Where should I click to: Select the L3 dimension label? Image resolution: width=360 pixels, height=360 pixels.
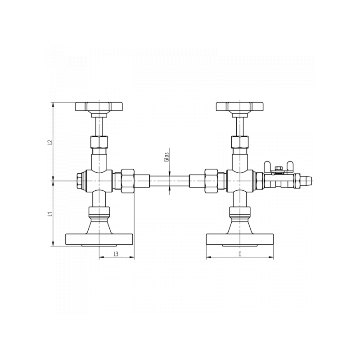pos(116,254)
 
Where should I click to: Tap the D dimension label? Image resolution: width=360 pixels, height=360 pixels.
pos(240,254)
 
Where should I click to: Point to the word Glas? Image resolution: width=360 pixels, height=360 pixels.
pos(167,157)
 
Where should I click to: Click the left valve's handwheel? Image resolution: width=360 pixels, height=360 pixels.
pos(99,107)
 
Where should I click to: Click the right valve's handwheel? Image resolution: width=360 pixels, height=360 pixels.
pos(240,107)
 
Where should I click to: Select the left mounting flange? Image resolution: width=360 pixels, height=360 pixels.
pos(99,239)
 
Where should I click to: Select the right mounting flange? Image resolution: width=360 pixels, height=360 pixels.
pos(240,239)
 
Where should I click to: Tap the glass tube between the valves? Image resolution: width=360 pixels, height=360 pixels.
pos(170,181)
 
